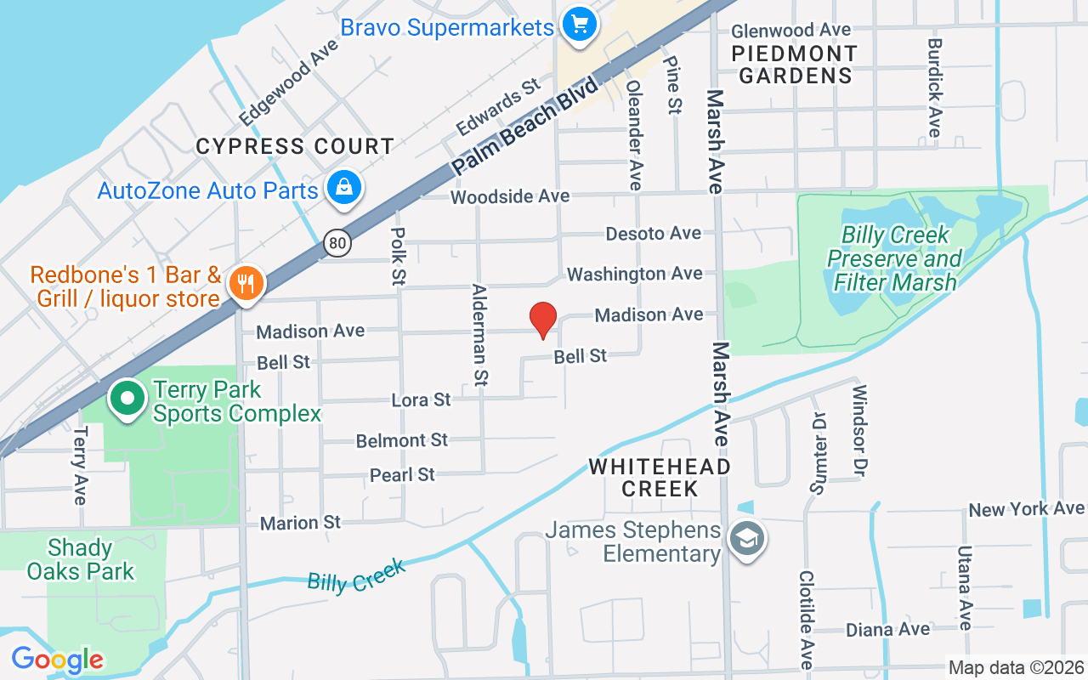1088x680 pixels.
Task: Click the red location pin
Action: pyautogui.click(x=542, y=320)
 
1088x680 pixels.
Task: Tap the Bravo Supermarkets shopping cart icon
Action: pyautogui.click(x=580, y=23)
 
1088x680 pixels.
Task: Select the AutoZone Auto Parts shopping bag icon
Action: pyautogui.click(x=344, y=190)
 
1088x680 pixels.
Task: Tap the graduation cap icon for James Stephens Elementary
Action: pyautogui.click(x=748, y=538)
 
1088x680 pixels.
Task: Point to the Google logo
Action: pyautogui.click(x=57, y=659)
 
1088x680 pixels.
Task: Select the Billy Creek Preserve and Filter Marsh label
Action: pyautogui.click(x=894, y=258)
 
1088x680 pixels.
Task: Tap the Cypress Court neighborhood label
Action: pyautogui.click(x=295, y=146)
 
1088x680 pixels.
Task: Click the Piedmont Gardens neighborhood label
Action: pyautogui.click(x=795, y=64)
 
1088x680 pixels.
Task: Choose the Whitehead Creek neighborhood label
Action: pyautogui.click(x=660, y=477)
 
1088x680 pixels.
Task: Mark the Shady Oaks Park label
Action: pyautogui.click(x=81, y=559)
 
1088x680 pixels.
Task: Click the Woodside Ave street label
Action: pyautogui.click(x=510, y=196)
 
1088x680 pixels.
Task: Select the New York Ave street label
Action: pyautogui.click(x=1026, y=509)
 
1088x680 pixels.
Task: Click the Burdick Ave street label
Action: pyautogui.click(x=934, y=88)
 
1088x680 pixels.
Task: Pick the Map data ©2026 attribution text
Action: pyautogui.click(x=1016, y=667)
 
